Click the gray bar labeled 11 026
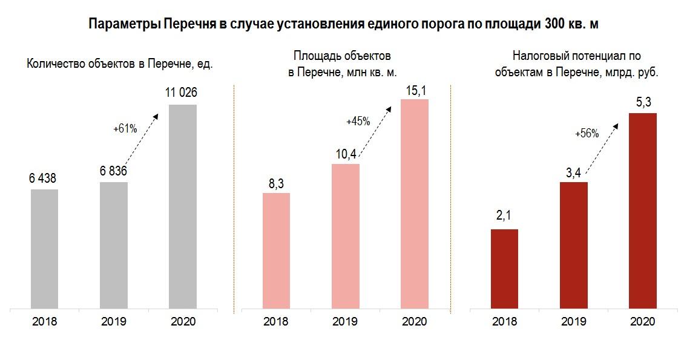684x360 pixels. [183, 206]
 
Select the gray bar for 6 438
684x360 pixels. [44, 249]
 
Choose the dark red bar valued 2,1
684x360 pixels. [504, 269]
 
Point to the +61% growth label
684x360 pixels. [125, 128]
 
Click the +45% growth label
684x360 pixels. [358, 121]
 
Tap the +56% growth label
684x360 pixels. [587, 134]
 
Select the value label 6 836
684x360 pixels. [113, 172]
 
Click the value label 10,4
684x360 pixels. [346, 154]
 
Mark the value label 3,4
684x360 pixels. [573, 172]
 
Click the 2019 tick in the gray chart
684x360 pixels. [113, 321]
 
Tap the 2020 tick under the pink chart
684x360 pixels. [415, 321]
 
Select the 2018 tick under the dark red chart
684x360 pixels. [504, 321]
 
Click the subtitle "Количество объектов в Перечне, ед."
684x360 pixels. [120, 65]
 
